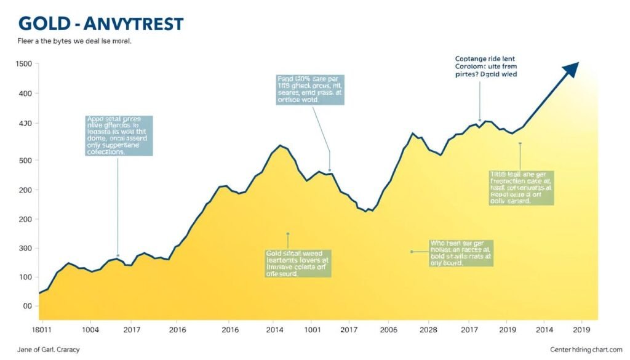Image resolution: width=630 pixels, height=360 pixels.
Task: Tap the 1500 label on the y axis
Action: tap(23, 64)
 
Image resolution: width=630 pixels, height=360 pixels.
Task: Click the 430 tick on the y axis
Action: tap(25, 124)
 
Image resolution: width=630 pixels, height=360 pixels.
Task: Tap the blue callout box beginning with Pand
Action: tap(310, 90)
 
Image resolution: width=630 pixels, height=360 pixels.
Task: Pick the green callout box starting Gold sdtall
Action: tap(298, 264)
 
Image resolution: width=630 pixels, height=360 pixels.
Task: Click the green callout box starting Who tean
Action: tap(461, 253)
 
